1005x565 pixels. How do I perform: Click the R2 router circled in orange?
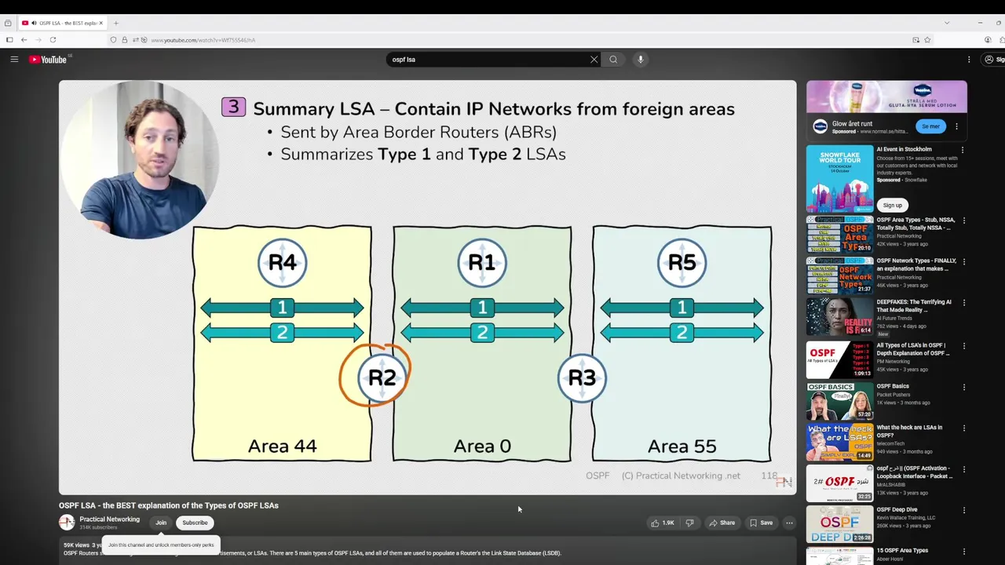tap(382, 377)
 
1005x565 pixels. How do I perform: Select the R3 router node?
tap(582, 377)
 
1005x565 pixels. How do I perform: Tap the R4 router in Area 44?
tap(282, 263)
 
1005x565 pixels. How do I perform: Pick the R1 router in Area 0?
tap(482, 263)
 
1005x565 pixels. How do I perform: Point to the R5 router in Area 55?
tap(682, 263)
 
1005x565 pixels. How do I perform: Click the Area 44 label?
tap(282, 447)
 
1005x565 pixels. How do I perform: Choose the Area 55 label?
tap(682, 447)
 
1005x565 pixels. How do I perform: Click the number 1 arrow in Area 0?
tap(482, 308)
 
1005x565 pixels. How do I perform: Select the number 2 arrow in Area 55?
tap(682, 333)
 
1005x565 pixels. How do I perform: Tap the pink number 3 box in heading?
tap(233, 108)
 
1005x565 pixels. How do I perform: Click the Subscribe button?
tap(195, 523)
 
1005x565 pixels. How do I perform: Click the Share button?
tap(722, 523)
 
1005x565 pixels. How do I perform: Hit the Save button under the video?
tap(761, 523)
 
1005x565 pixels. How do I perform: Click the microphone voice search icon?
tap(641, 60)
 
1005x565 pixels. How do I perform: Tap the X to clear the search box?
tap(594, 60)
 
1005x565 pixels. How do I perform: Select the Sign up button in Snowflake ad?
tap(892, 205)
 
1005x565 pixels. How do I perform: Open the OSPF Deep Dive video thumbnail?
tap(839, 524)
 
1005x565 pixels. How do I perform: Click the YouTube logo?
tap(48, 60)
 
